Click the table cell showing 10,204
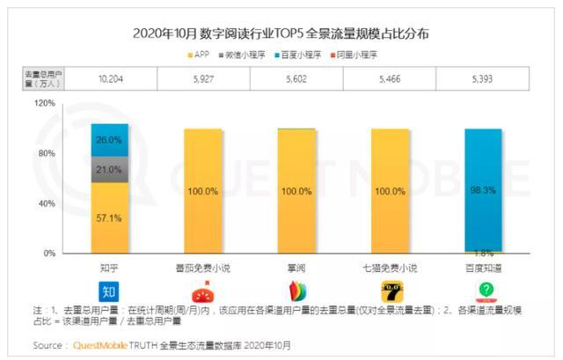pos(110,78)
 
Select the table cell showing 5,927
pos(203,78)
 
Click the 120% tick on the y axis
pos(45,103)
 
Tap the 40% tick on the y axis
pos(47,203)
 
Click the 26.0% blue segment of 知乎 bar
pos(110,140)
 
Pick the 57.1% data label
pos(110,217)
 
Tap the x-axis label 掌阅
pos(296,265)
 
